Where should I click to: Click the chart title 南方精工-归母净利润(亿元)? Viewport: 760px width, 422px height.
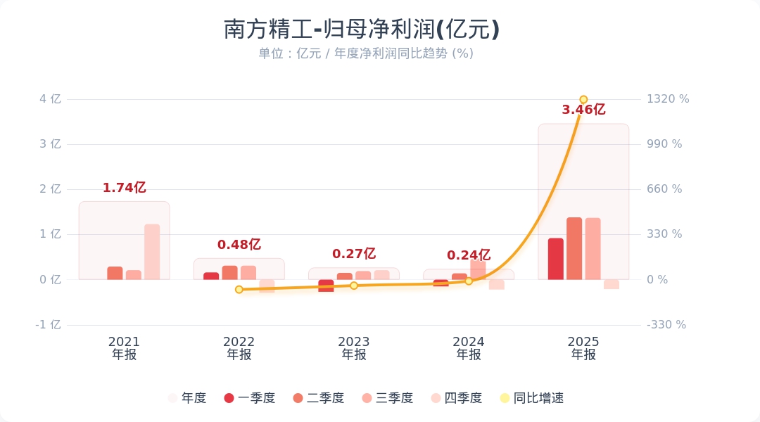click(362, 30)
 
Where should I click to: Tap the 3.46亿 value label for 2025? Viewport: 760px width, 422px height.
click(583, 110)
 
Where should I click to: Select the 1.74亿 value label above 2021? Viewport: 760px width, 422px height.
click(124, 188)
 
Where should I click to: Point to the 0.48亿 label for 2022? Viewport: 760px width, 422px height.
click(239, 245)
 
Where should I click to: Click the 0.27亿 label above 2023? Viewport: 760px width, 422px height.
click(353, 254)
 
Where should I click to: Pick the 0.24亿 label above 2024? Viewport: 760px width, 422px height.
click(468, 255)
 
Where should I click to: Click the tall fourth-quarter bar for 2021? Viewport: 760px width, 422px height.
click(152, 252)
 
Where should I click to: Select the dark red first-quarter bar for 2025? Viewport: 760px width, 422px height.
click(556, 259)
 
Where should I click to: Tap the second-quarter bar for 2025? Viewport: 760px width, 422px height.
click(574, 248)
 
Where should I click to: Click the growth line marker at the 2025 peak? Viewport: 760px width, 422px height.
click(583, 99)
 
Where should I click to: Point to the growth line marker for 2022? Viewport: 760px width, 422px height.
click(239, 289)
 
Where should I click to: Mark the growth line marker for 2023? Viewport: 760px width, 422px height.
click(354, 286)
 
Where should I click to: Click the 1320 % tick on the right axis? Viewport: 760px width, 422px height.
click(668, 99)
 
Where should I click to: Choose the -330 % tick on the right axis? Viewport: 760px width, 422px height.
click(666, 325)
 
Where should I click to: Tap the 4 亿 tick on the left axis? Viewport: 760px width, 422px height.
click(50, 99)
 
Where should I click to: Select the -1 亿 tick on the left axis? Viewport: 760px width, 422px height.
click(49, 325)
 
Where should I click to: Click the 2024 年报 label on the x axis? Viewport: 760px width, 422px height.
click(469, 348)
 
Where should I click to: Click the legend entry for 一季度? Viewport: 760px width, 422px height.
click(249, 398)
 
